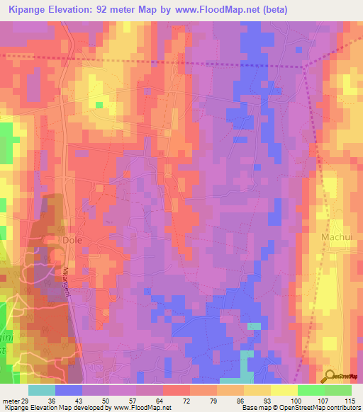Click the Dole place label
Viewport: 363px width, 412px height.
coord(72,240)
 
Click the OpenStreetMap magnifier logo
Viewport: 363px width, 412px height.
coord(328,377)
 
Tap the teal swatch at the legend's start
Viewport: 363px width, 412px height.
coord(42,390)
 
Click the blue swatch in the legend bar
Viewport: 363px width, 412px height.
coord(69,390)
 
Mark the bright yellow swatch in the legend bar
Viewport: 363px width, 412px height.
coord(284,390)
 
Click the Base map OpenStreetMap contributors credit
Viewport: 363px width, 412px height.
coord(301,408)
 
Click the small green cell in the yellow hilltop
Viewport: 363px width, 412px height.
coord(99,105)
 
